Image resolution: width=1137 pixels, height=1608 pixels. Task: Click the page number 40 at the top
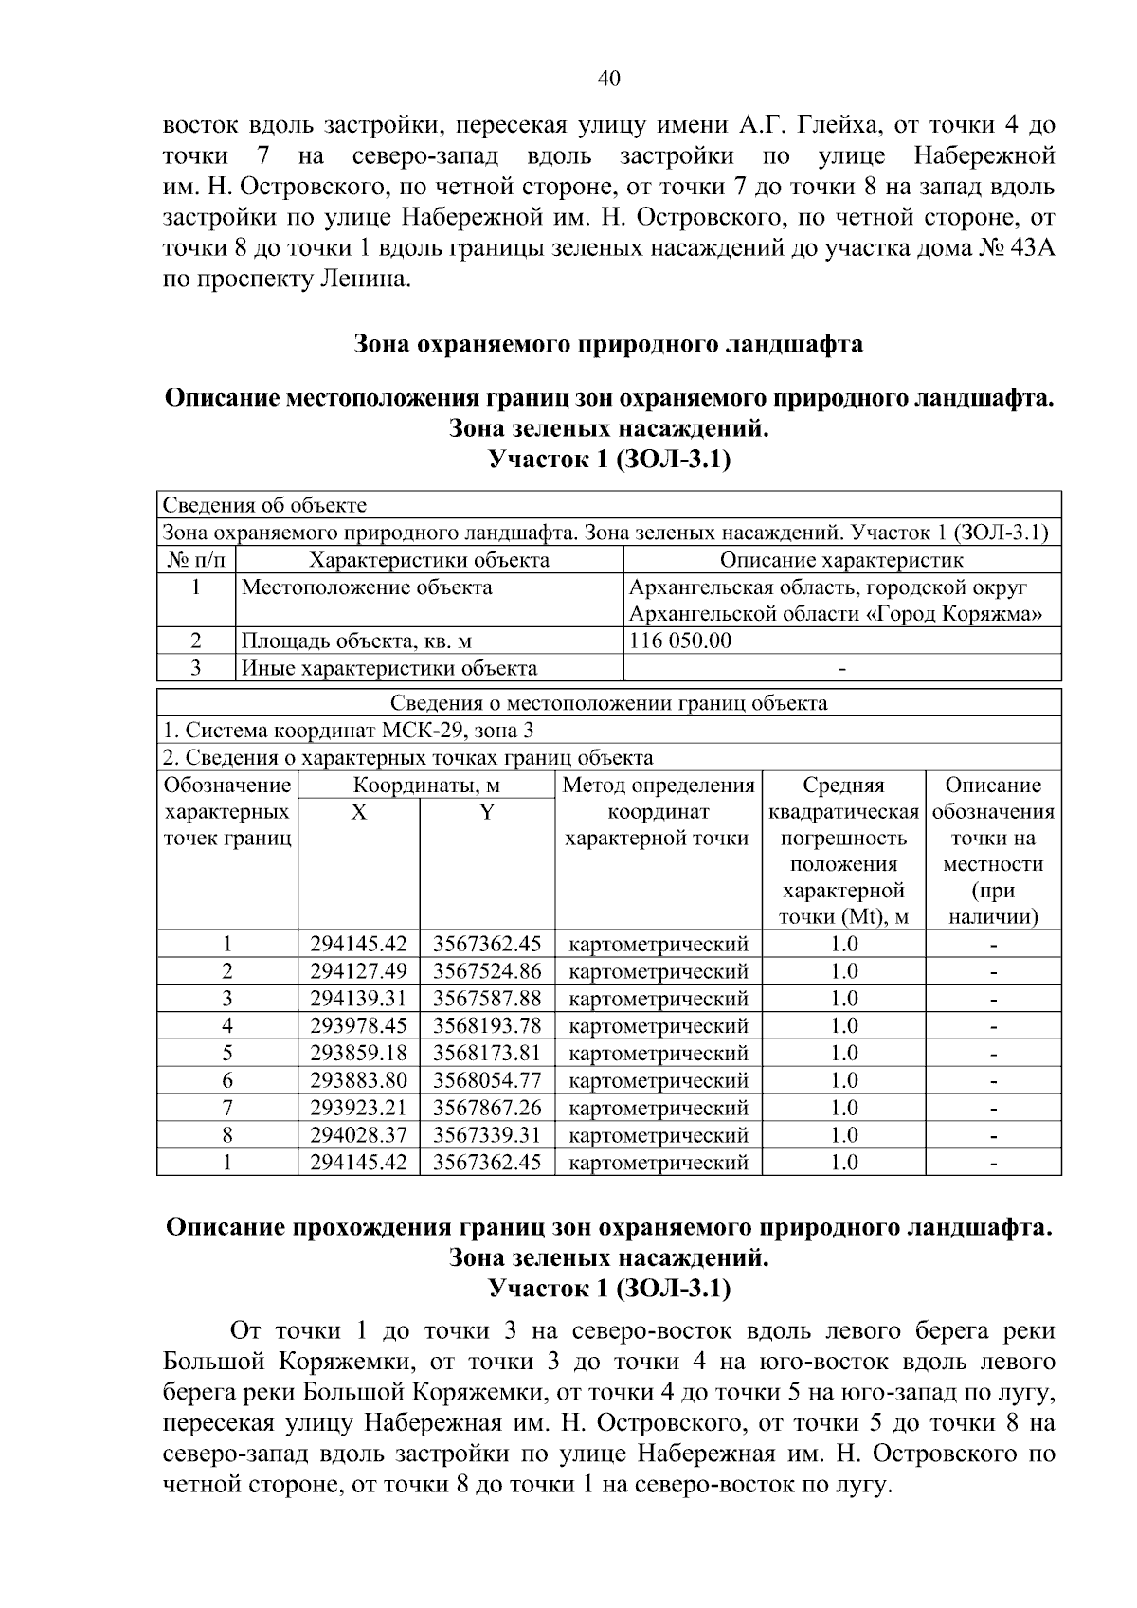click(x=608, y=79)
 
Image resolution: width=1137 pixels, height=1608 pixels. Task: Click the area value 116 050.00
click(x=680, y=641)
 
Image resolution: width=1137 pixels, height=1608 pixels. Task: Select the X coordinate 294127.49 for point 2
click(x=358, y=971)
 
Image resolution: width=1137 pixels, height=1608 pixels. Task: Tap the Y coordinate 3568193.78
click(x=486, y=1026)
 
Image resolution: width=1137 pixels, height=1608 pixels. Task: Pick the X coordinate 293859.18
click(x=358, y=1054)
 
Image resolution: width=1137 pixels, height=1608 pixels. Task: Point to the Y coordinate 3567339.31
click(x=486, y=1135)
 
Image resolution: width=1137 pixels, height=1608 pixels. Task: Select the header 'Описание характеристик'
click(x=841, y=560)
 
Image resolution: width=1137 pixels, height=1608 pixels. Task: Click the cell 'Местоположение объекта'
click(x=367, y=587)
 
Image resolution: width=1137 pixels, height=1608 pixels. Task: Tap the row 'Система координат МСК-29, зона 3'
click(x=349, y=731)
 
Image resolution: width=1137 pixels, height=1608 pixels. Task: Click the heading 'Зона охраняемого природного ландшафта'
click(x=608, y=344)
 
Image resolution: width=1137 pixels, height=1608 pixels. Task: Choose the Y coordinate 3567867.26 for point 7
click(x=486, y=1108)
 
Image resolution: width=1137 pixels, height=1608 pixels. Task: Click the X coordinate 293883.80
click(x=358, y=1081)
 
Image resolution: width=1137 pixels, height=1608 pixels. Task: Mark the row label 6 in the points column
click(x=227, y=1081)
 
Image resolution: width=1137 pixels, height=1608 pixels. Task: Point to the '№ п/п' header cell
click(x=194, y=560)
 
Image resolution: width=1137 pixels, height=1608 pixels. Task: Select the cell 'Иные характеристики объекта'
click(x=389, y=668)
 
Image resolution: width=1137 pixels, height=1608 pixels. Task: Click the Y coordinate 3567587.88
click(x=486, y=999)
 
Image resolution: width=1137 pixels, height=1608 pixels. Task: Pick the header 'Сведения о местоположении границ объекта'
click(x=608, y=703)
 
